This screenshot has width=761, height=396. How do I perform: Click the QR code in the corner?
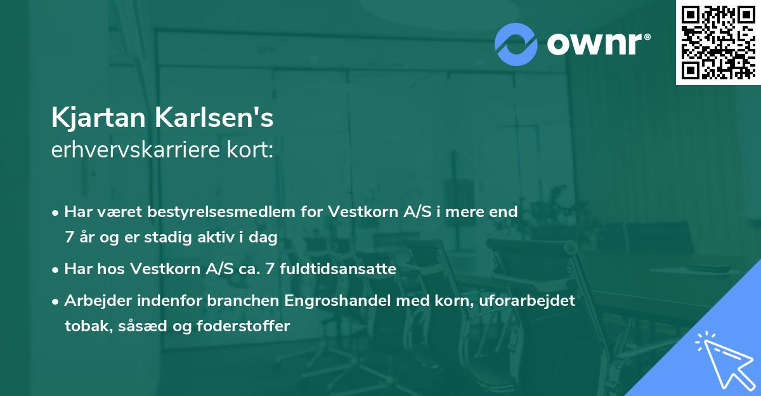[718, 42]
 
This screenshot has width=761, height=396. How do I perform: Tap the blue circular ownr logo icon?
[516, 44]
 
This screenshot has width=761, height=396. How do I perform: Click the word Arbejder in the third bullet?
[94, 301]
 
